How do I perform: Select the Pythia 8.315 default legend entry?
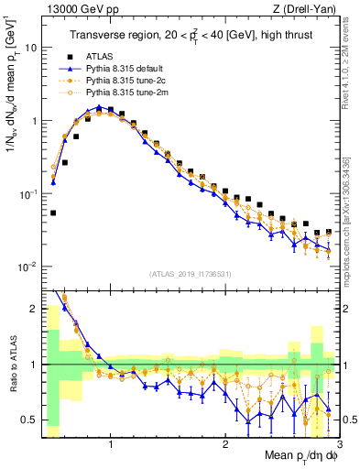click(x=125, y=69)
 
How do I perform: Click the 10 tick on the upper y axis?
click(x=30, y=47)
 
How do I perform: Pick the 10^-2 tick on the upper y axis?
click(x=27, y=267)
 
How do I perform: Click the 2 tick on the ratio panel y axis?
click(x=32, y=309)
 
